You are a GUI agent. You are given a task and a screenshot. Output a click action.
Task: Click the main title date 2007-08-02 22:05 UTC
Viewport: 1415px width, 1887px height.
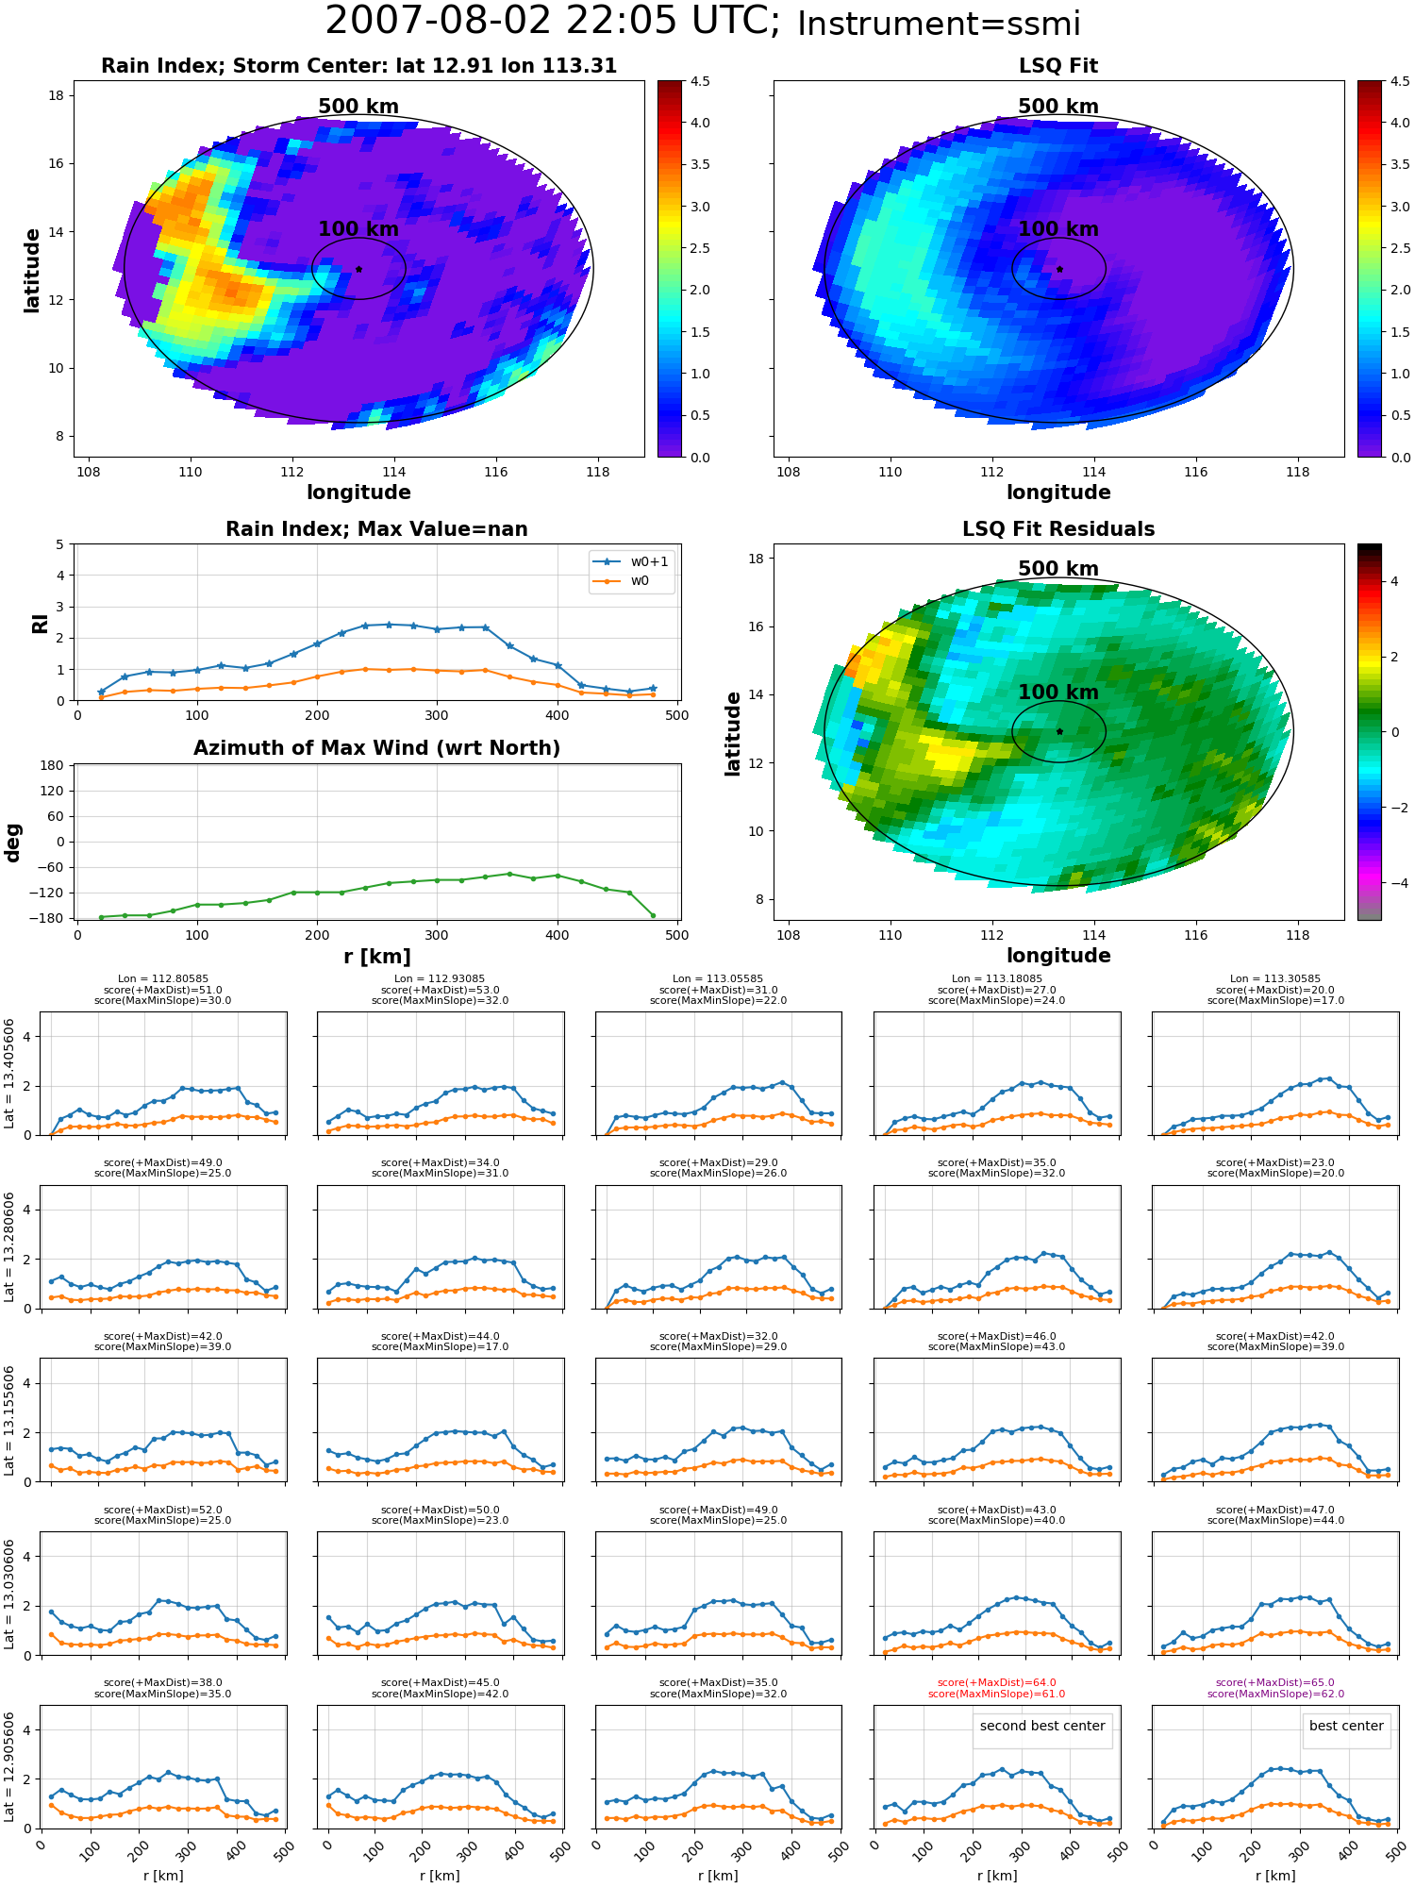pos(553,22)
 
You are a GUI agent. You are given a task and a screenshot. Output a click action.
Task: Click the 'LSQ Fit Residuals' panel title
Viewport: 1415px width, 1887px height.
pos(1058,529)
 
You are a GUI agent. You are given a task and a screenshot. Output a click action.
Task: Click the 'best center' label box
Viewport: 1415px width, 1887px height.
pos(1346,1727)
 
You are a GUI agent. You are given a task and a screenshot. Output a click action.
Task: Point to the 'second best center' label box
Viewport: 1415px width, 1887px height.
pos(1042,1727)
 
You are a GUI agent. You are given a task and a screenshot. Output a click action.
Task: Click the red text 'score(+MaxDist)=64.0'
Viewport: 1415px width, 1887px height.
pos(996,1683)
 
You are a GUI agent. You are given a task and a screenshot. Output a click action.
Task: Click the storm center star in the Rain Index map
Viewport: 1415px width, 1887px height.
pos(358,269)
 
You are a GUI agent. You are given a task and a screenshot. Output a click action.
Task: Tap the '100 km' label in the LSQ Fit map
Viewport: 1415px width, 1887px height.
pos(1058,228)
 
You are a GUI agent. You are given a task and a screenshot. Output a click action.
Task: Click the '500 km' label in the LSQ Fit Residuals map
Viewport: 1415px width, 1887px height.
pos(1058,569)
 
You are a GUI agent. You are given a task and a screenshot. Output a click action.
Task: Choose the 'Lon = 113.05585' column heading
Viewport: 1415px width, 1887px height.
pos(718,979)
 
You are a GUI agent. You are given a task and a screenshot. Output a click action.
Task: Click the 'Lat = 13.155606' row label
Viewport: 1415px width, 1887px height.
pos(9,1420)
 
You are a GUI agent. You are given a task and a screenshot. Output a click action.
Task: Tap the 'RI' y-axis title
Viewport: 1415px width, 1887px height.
pos(40,623)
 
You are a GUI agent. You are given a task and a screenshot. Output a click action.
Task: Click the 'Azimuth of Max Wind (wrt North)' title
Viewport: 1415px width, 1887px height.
pos(376,748)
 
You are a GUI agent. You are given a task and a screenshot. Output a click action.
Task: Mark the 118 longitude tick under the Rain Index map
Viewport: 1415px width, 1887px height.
pos(597,472)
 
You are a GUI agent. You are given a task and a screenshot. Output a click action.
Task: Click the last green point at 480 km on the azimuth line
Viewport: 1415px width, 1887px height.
pos(653,915)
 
